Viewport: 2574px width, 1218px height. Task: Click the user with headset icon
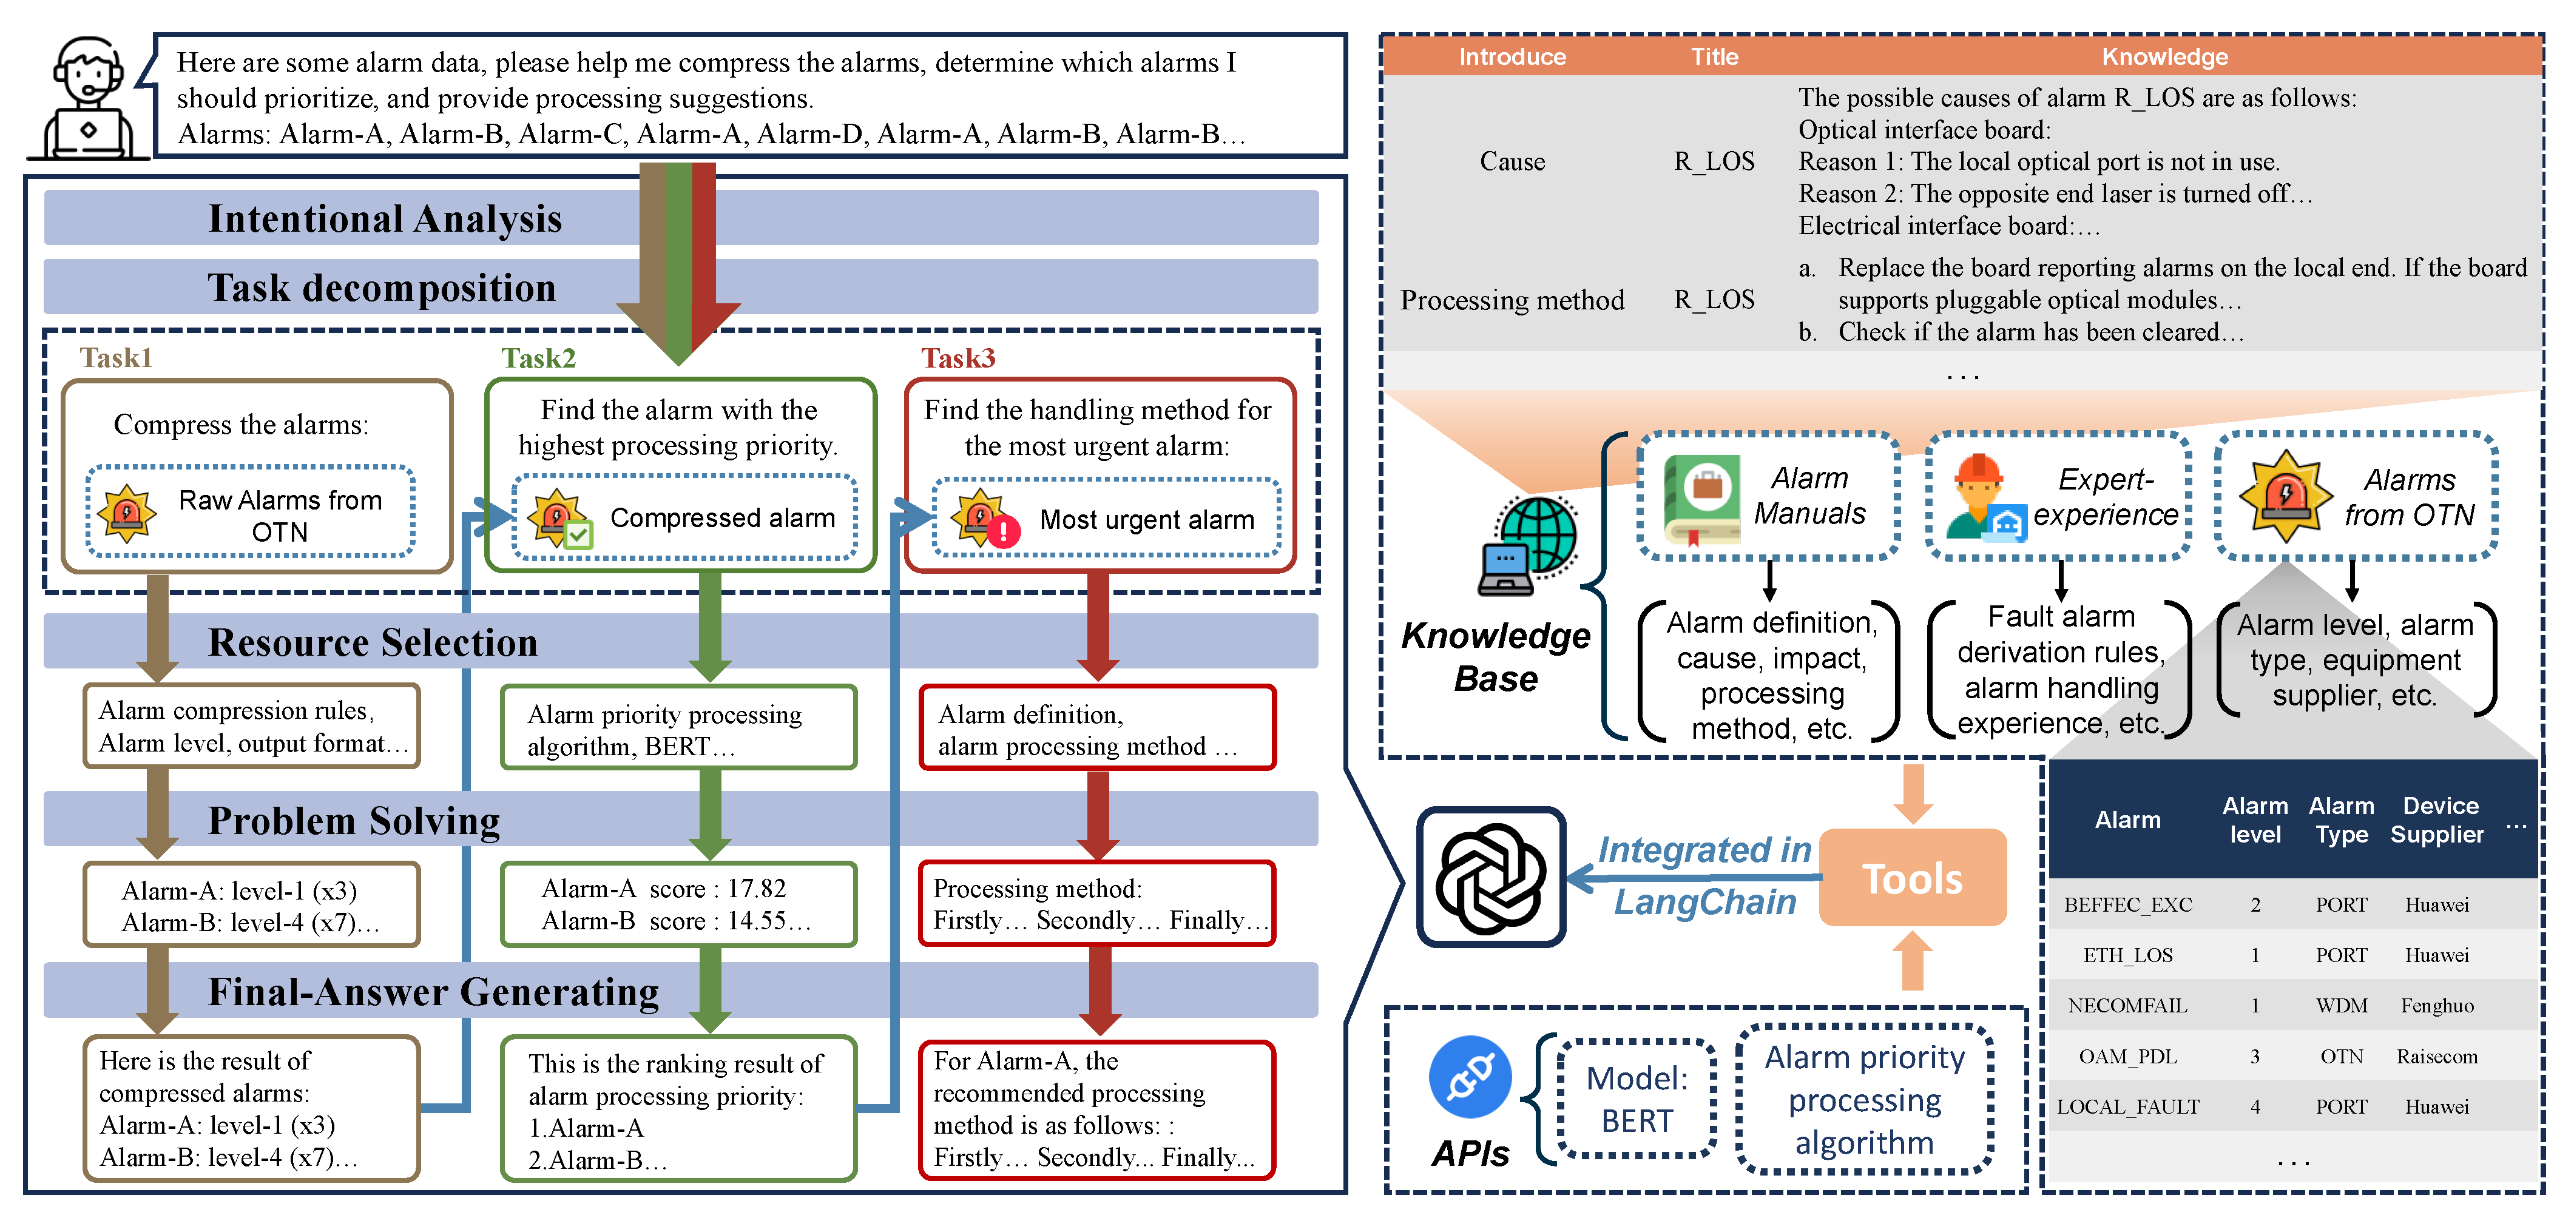[x=88, y=98]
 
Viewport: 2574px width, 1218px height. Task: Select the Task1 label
[x=116, y=358]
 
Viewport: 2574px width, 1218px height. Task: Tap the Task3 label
[x=958, y=358]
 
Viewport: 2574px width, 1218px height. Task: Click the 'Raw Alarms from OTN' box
[x=251, y=511]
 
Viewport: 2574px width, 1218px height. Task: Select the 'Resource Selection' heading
[x=373, y=642]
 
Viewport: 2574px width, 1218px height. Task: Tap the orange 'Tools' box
[x=1913, y=877]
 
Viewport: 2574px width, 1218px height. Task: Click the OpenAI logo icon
[x=1491, y=877]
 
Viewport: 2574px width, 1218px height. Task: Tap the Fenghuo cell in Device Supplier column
[x=2437, y=1005]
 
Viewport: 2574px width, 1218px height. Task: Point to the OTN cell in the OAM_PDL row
[x=2341, y=1056]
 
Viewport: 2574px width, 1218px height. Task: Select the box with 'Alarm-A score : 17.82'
[x=678, y=903]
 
